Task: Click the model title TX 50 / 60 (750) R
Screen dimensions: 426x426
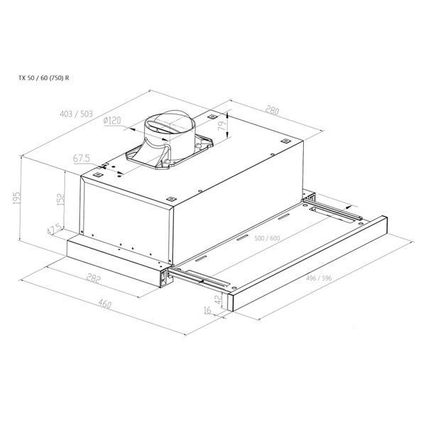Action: [x=44, y=78]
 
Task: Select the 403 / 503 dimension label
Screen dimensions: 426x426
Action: [x=77, y=114]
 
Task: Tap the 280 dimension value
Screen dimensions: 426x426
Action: [x=272, y=110]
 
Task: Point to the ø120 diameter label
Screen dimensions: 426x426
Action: [x=112, y=121]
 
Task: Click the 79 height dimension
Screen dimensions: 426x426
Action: [x=222, y=125]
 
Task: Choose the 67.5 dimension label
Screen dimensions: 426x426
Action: [x=81, y=158]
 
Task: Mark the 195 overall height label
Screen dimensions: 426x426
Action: [x=16, y=198]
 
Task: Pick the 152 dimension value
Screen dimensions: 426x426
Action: [x=61, y=199]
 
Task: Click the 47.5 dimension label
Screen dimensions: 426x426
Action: [x=54, y=229]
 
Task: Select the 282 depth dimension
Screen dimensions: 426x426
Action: [x=94, y=278]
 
